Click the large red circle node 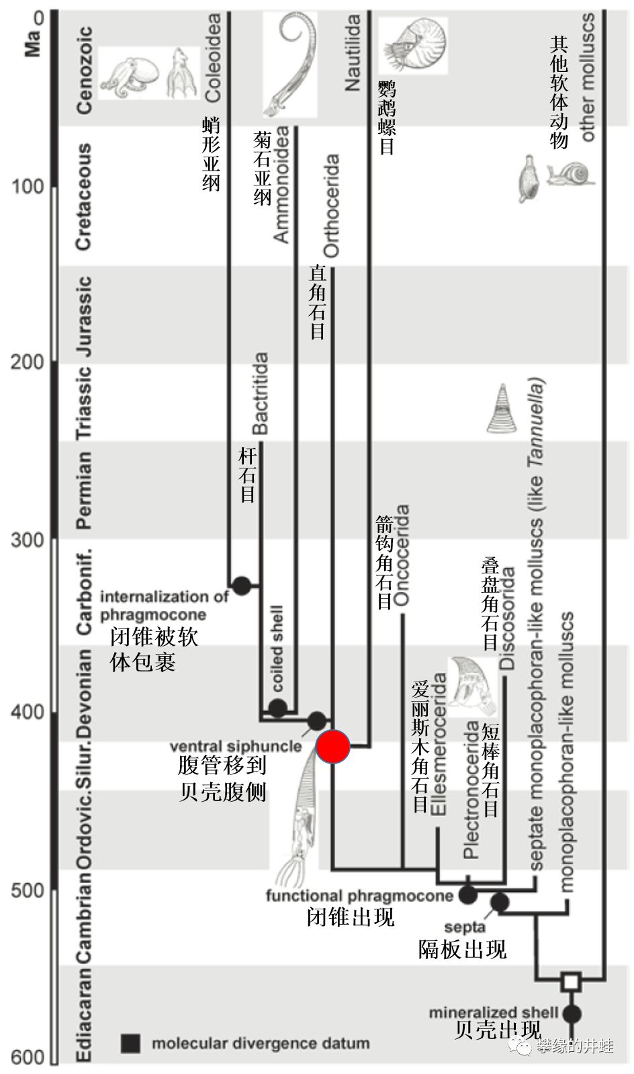(x=333, y=747)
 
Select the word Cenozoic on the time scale (x=85, y=70)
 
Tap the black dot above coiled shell (x=277, y=707)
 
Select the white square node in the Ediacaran (x=571, y=981)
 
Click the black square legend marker (x=130, y=1044)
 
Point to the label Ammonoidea (x=281, y=184)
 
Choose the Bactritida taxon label (x=260, y=394)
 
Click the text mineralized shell (x=494, y=1012)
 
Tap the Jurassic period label (x=84, y=315)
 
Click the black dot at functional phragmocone (x=467, y=895)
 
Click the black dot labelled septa (x=500, y=902)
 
